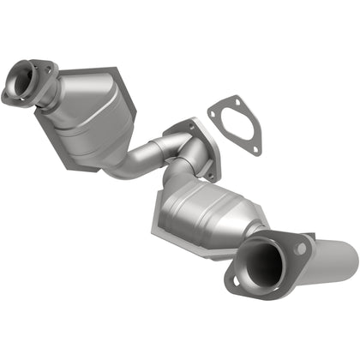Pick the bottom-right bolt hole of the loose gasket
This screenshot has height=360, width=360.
(x=255, y=151)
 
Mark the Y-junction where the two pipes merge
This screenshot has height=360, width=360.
(x=180, y=154)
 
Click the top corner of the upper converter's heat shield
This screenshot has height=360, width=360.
(x=111, y=67)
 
